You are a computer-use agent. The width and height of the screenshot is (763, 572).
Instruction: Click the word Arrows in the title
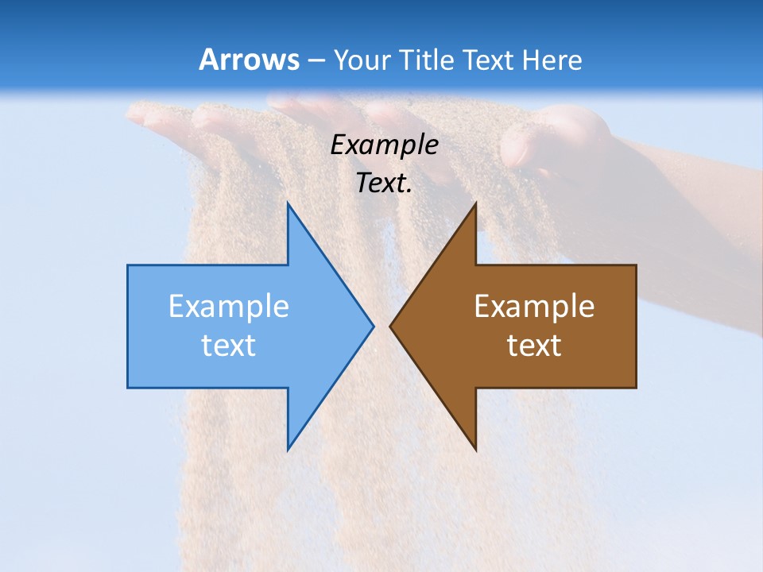pyautogui.click(x=249, y=60)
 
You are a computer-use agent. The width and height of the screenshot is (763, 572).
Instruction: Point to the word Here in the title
pyautogui.click(x=553, y=60)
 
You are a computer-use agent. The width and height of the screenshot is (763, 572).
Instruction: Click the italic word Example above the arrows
pyautogui.click(x=384, y=145)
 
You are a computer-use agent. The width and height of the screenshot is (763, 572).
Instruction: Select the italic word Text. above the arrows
pyautogui.click(x=384, y=183)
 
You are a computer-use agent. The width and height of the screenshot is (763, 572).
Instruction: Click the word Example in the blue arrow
pyautogui.click(x=228, y=307)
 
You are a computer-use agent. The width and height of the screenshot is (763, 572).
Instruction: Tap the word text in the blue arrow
pyautogui.click(x=228, y=345)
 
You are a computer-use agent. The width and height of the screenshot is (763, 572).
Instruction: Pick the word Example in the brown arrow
pyautogui.click(x=534, y=307)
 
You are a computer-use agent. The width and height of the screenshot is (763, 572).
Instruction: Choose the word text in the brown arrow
pyautogui.click(x=534, y=345)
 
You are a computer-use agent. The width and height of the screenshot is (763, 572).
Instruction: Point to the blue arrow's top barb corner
pyautogui.click(x=288, y=204)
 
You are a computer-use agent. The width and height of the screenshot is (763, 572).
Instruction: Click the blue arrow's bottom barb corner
pyautogui.click(x=288, y=449)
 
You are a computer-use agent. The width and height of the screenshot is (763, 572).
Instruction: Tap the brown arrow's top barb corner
pyautogui.click(x=475, y=204)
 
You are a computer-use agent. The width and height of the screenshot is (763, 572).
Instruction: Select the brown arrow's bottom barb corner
pyautogui.click(x=475, y=449)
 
